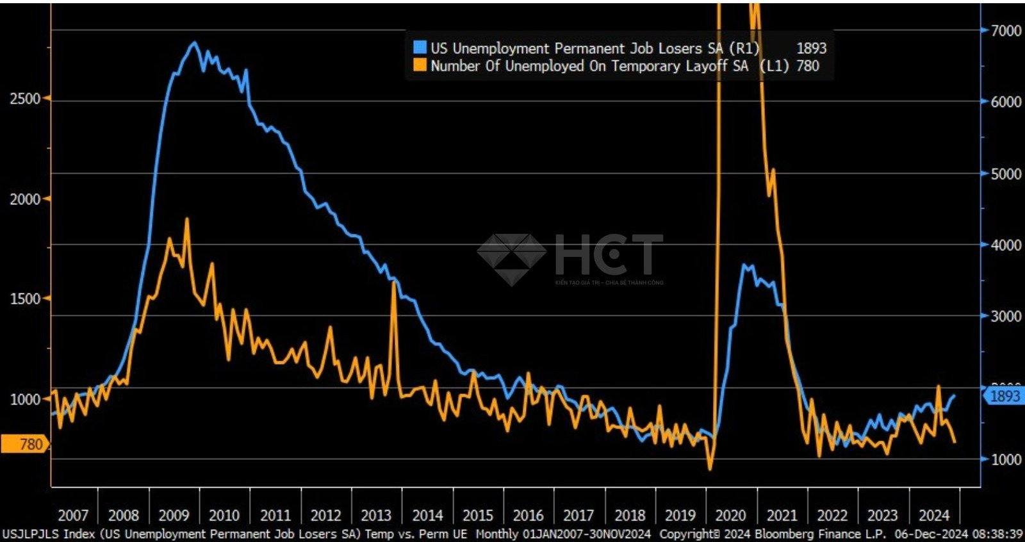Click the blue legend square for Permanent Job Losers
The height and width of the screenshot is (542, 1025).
coord(420,47)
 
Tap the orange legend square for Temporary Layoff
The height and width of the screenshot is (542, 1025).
coord(420,65)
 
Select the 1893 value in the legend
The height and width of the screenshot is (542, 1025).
coord(811,48)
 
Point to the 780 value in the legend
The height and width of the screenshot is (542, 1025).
coord(808,65)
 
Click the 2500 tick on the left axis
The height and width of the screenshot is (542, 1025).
coord(25,99)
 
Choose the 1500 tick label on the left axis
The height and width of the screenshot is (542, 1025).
coord(25,299)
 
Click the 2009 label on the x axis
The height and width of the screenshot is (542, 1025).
coord(174,515)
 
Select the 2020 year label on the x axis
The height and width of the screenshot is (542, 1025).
coord(730,515)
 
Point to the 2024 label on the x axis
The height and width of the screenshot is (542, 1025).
coord(933,515)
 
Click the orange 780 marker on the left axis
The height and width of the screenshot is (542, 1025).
coord(26,444)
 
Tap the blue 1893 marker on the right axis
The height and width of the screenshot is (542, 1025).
coord(1004,396)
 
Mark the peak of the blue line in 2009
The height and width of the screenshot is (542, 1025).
coord(195,43)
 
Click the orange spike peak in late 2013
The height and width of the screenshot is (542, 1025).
coord(394,282)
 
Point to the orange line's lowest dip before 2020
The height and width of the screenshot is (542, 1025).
coord(710,469)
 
